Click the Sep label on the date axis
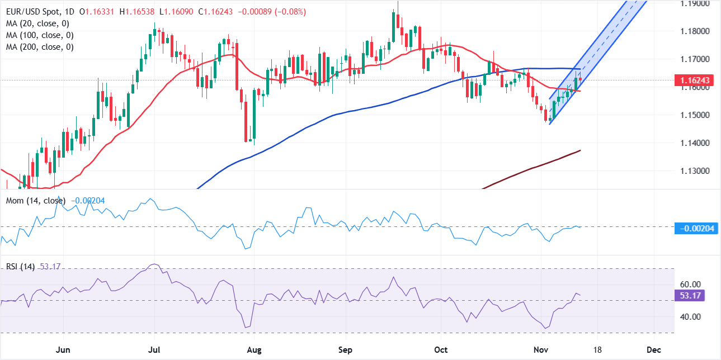pyautogui.click(x=346, y=349)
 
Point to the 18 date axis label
pyautogui.click(x=597, y=349)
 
